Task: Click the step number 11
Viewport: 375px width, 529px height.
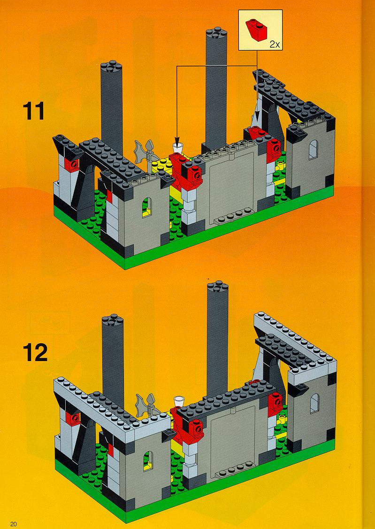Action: pos(33,111)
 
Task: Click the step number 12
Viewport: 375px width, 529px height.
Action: pos(35,353)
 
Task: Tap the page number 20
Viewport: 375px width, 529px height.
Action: pos(14,523)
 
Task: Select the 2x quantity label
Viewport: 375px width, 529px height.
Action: pos(275,45)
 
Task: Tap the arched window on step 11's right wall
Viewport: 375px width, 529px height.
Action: pos(313,150)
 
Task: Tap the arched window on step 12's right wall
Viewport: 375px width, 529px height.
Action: pos(314,403)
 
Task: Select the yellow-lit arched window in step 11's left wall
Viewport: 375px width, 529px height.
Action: pos(146,207)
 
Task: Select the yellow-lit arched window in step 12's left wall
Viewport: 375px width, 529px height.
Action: pos(147,461)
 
